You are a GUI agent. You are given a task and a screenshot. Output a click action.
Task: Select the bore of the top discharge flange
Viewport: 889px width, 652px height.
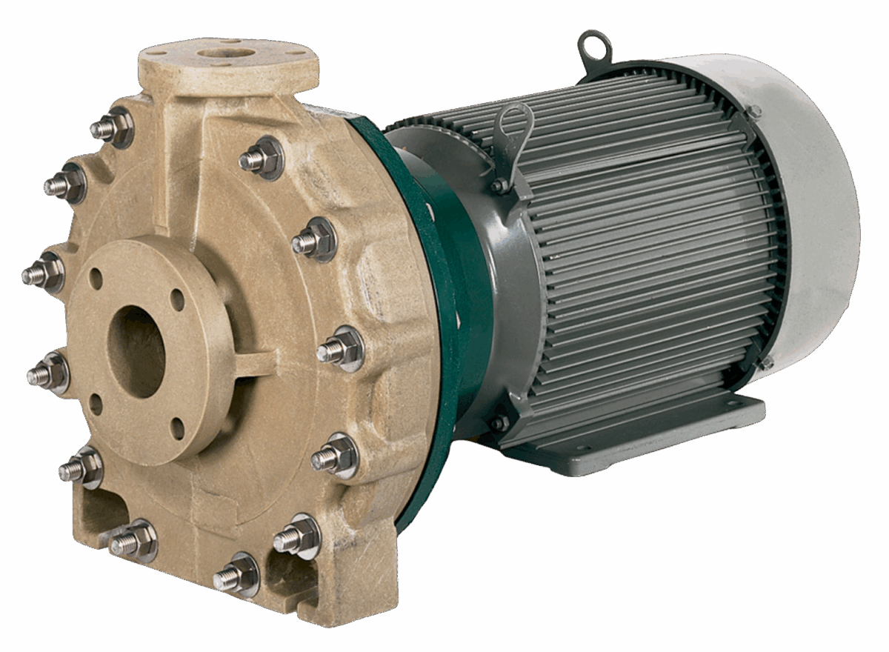(226, 53)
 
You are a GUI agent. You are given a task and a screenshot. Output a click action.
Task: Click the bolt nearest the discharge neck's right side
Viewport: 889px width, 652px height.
(261, 159)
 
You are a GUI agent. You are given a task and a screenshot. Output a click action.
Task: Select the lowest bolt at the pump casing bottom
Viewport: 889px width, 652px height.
(236, 575)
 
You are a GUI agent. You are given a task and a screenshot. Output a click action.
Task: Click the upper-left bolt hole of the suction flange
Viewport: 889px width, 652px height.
(96, 279)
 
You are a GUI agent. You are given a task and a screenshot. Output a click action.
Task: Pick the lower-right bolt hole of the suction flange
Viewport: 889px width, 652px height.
(177, 428)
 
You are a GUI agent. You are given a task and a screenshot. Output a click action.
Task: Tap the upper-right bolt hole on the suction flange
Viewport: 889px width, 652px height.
(177, 300)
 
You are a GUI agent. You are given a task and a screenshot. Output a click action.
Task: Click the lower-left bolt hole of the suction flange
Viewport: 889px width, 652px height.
(96, 405)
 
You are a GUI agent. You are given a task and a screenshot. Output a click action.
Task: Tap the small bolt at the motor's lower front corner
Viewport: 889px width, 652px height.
(499, 423)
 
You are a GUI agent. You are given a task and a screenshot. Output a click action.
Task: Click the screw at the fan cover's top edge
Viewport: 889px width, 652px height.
(753, 112)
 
